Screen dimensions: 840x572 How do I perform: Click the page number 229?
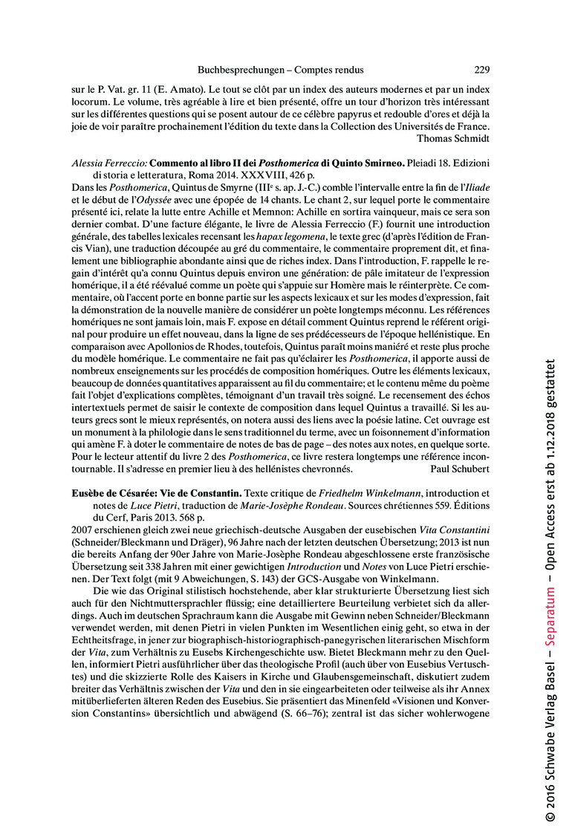coord(481,71)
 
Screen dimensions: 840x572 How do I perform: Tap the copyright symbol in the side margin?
coord(550,816)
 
